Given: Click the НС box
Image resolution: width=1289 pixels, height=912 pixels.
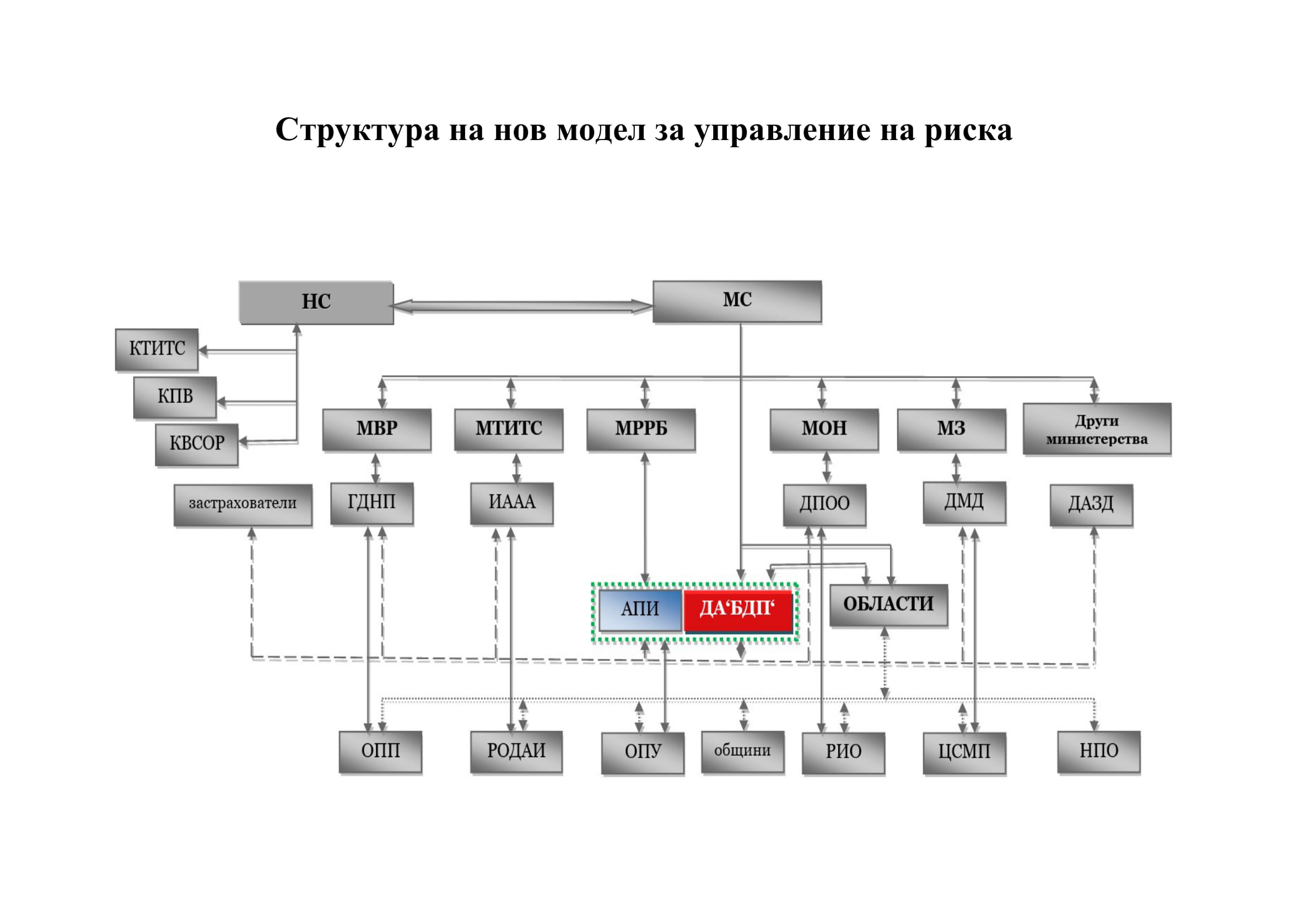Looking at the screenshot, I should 316,302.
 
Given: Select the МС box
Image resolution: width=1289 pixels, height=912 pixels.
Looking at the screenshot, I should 737,301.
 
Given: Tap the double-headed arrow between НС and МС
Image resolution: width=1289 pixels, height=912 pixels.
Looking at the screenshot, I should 522,306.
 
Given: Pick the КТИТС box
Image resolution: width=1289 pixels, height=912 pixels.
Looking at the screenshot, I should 157,348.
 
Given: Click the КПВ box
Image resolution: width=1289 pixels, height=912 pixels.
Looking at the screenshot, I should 175,396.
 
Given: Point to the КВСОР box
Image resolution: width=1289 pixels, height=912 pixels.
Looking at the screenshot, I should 197,444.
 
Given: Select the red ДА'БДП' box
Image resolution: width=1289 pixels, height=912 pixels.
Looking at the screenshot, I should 737,609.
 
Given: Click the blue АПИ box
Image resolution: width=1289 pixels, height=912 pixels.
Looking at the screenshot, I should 640,609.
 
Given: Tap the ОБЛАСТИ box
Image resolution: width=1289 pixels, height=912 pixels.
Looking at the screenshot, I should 888,604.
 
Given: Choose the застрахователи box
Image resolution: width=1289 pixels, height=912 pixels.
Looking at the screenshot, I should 242,504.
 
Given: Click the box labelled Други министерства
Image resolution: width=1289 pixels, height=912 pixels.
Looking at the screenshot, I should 1097,430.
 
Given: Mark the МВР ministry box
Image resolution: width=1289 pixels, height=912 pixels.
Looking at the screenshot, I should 377,429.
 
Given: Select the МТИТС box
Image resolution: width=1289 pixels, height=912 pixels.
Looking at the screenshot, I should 509,429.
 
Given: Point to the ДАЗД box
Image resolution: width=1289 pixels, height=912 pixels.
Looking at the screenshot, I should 1091,505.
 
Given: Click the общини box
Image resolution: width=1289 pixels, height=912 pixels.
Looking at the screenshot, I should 742,751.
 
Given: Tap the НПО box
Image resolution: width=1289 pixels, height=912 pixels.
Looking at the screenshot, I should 1099,751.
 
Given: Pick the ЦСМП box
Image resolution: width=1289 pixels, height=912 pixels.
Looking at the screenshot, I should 964,752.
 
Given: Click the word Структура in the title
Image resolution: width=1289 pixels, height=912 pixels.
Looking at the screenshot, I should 357,130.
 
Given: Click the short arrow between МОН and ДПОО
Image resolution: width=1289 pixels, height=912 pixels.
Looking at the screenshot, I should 827,467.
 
